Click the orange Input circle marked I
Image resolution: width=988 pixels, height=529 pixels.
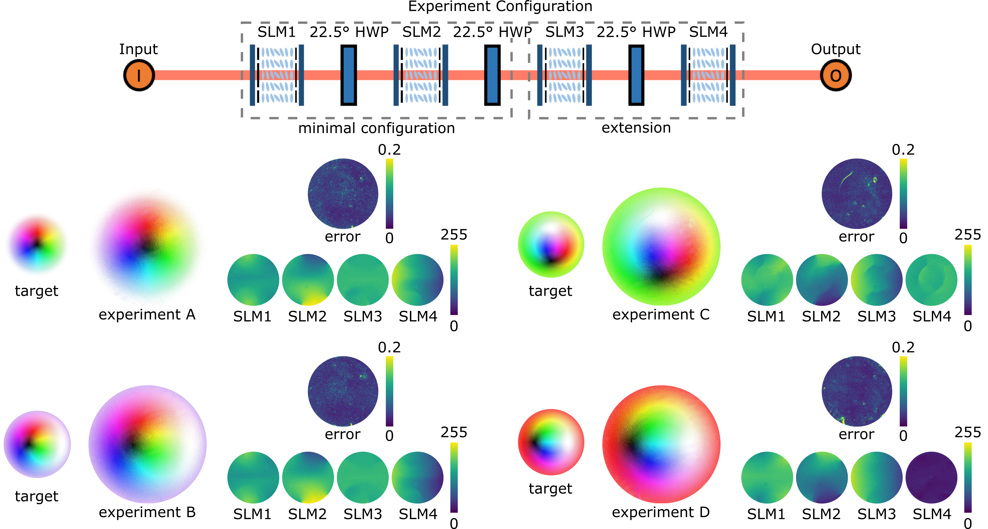[139, 75]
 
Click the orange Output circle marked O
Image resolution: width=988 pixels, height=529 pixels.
[836, 75]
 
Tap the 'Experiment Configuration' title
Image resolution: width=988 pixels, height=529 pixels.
[500, 6]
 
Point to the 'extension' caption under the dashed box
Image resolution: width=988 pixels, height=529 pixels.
[636, 128]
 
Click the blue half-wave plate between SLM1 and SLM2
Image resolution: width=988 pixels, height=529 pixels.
[349, 75]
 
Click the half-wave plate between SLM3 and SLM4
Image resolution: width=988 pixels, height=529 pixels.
[636, 75]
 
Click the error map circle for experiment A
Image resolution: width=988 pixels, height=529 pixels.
[343, 194]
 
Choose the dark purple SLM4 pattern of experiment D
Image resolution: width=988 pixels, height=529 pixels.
[931, 478]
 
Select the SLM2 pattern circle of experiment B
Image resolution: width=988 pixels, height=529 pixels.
[308, 478]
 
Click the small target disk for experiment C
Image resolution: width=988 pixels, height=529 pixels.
[551, 244]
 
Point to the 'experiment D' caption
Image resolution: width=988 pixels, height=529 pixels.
[661, 512]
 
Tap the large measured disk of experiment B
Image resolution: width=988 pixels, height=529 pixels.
[147, 444]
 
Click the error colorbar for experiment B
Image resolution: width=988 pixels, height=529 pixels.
[389, 391]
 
